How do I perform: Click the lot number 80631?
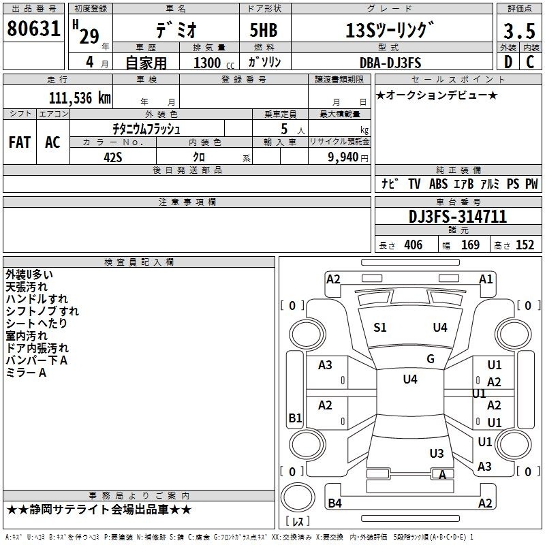(33, 29)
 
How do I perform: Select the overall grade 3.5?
(519, 31)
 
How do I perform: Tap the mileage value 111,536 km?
(80, 98)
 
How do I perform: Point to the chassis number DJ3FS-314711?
(458, 217)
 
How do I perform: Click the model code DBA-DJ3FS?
(390, 63)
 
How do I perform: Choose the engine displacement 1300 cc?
(214, 63)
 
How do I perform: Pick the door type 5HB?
(264, 30)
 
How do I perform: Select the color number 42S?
(113, 157)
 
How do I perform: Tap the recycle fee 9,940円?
(348, 157)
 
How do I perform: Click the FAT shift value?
(20, 142)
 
